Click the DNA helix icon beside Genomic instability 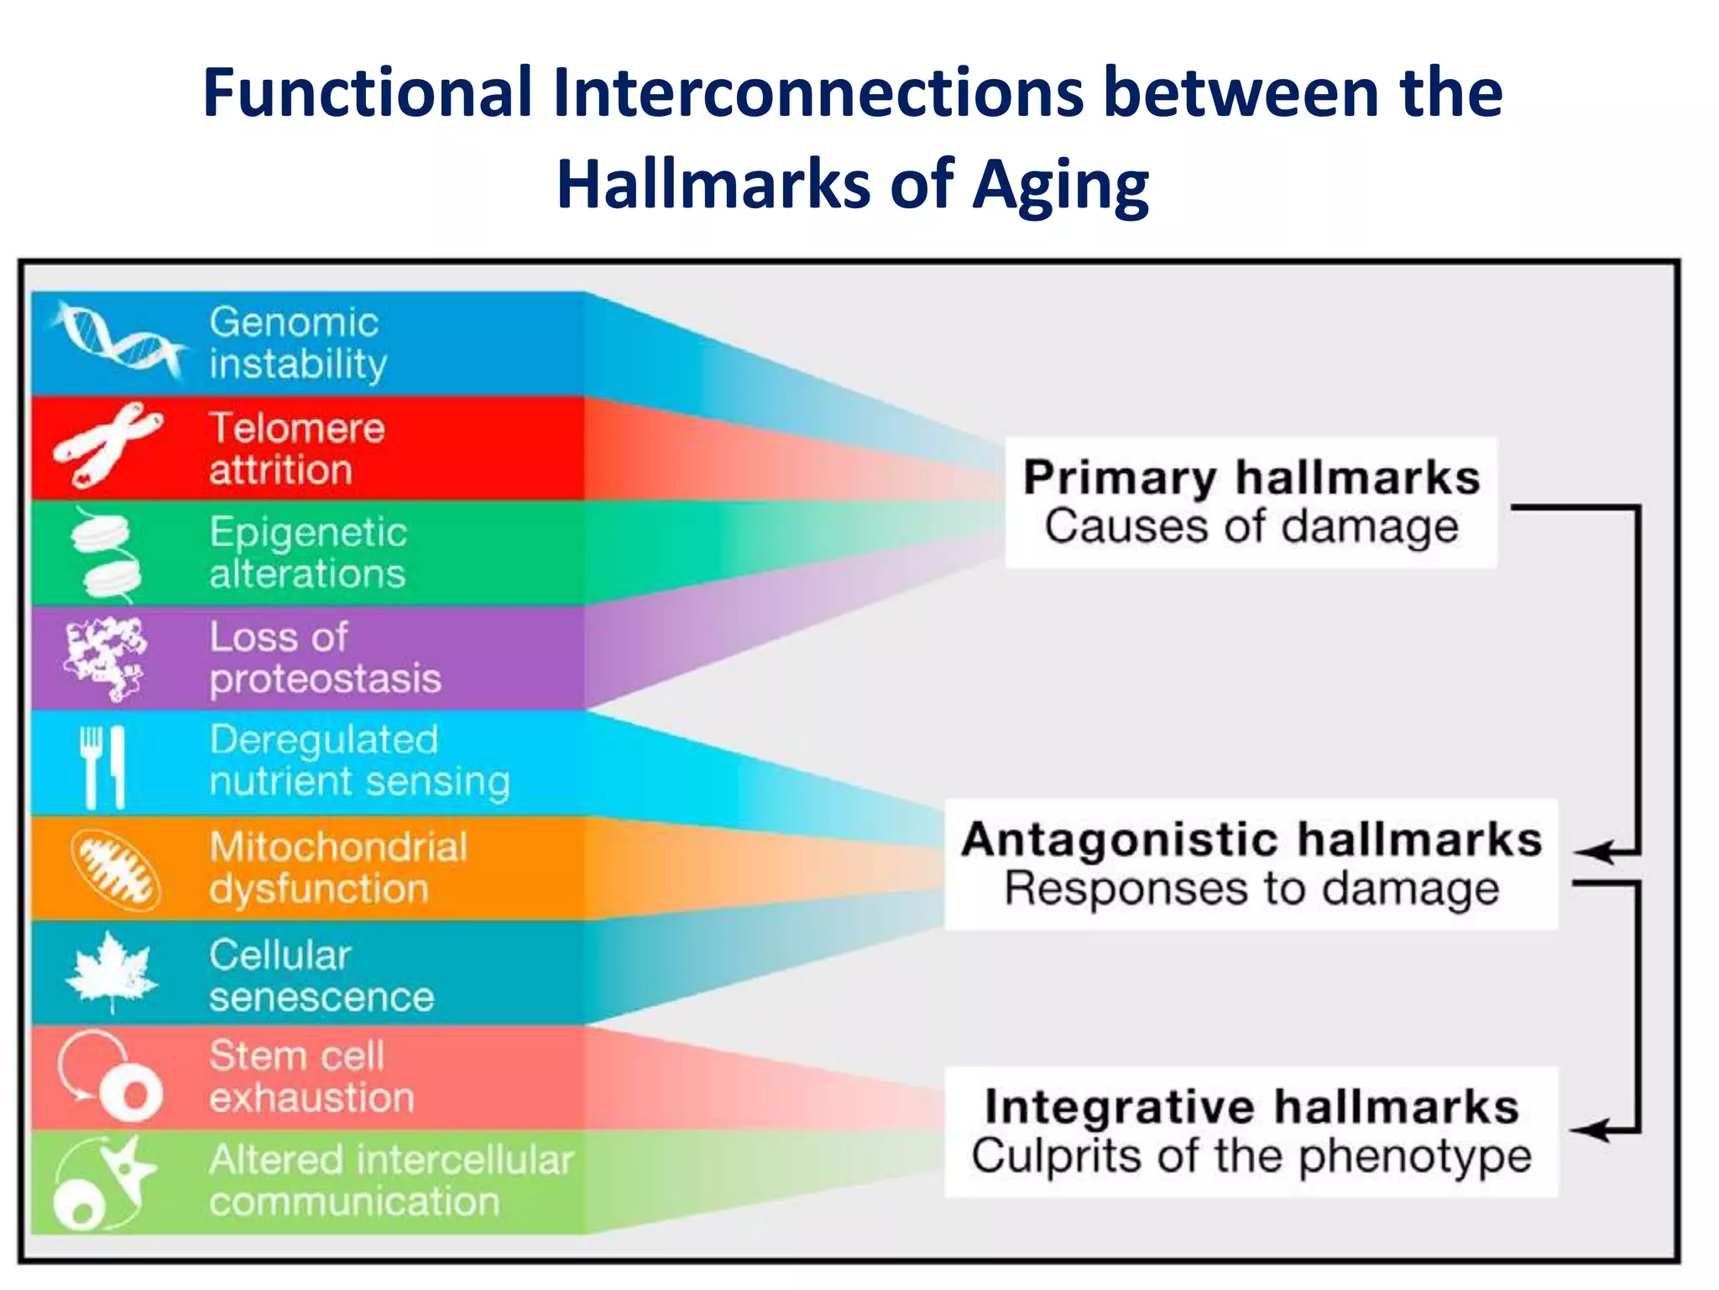tap(118, 340)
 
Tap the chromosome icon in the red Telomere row tap(107, 445)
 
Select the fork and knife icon tap(103, 766)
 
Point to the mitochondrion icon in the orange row tap(115, 870)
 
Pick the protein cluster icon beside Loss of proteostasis tap(105, 658)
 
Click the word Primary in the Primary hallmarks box tap(1119, 479)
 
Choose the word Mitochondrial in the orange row tap(338, 847)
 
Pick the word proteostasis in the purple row tap(325, 679)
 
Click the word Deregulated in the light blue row tap(324, 740)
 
